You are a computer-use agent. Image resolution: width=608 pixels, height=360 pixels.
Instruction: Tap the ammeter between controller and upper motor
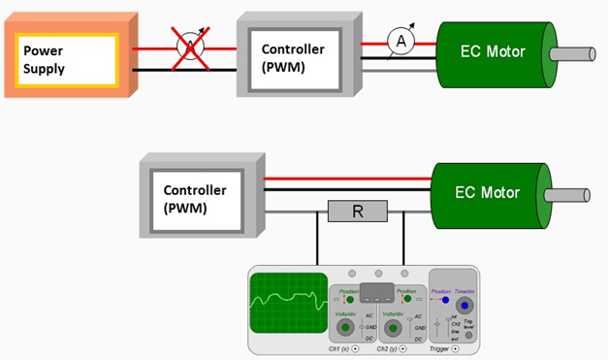398,41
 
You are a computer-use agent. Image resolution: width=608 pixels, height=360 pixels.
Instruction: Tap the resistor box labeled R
358,212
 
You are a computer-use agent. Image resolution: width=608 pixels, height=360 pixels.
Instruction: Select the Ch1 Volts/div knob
344,328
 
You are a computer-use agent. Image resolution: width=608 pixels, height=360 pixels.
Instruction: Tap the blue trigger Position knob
442,300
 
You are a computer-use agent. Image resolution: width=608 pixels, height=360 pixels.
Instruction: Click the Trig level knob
469,335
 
